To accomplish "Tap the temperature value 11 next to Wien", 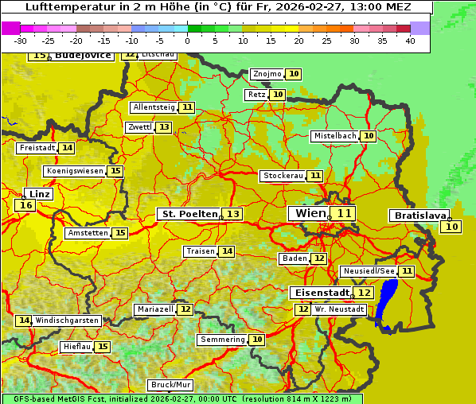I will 344,213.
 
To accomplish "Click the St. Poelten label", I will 189,214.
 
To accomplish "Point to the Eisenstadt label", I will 319,293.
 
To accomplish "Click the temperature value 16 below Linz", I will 25,205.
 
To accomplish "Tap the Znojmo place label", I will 267,74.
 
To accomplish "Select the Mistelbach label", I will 334,136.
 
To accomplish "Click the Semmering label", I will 222,340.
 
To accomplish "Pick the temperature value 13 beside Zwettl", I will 163,127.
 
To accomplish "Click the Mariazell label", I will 155,309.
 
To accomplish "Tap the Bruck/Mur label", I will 171,385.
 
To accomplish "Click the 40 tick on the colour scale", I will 410,41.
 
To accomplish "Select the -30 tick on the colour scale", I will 21,41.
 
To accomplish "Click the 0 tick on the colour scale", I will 187,41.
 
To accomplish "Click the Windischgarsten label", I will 67,320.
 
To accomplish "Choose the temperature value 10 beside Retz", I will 277,95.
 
